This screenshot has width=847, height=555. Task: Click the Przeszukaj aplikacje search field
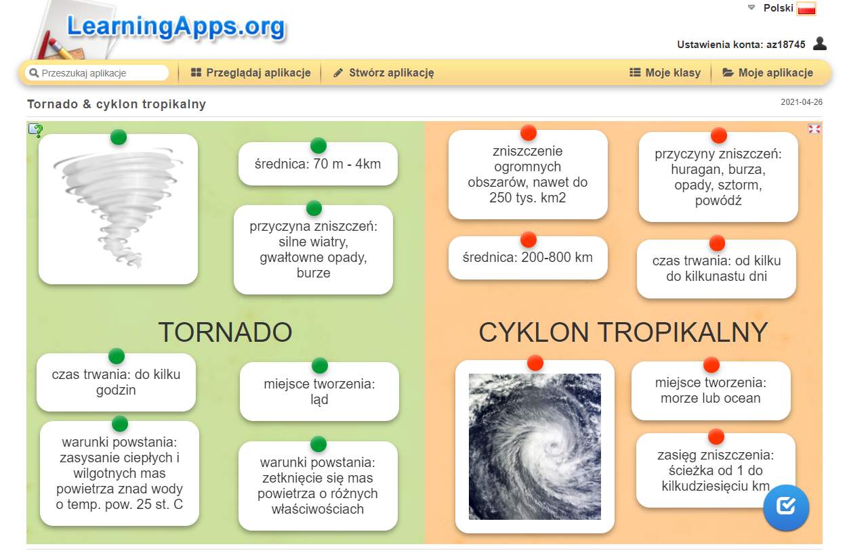[x=97, y=73]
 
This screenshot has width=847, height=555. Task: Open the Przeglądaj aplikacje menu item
[x=251, y=72]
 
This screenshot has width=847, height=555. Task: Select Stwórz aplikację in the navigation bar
[x=384, y=72]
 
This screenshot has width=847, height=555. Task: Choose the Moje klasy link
[x=665, y=72]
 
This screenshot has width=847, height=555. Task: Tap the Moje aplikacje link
[x=768, y=72]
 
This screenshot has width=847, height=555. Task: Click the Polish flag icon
[x=806, y=8]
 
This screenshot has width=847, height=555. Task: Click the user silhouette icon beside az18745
[x=820, y=43]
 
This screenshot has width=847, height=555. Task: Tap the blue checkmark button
[x=786, y=508]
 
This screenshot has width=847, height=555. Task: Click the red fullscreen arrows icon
[x=814, y=129]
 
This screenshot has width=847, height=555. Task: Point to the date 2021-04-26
[x=801, y=102]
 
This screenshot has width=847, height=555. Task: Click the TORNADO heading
[x=225, y=332]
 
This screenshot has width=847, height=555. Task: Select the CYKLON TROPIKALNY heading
[x=623, y=332]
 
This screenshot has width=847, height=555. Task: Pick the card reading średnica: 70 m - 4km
[x=318, y=164]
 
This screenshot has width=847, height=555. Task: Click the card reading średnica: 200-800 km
[x=528, y=258]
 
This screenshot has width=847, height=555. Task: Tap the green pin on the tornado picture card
[x=119, y=137]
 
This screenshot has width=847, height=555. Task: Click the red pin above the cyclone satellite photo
[x=535, y=363]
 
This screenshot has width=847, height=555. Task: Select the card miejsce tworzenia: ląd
[x=320, y=391]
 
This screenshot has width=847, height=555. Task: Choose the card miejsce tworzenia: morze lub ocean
[x=711, y=391]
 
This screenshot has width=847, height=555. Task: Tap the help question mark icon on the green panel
[x=36, y=130]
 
